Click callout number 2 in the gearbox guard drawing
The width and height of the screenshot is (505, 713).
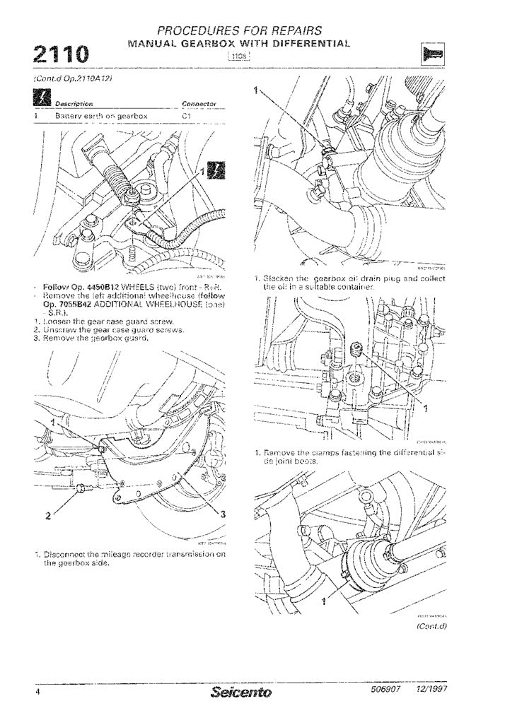47,514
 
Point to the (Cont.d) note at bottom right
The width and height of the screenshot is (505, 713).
431,625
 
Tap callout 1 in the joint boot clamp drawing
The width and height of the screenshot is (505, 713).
324,601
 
